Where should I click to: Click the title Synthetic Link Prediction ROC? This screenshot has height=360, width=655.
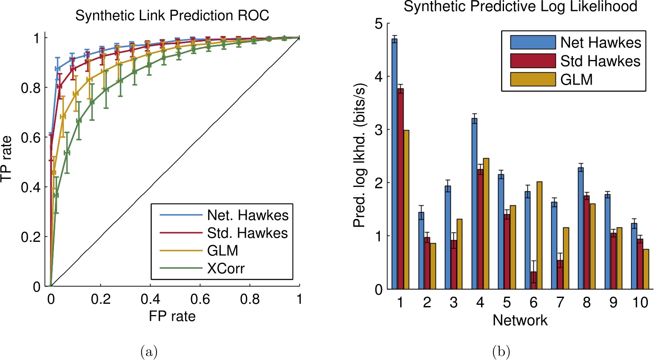click(x=172, y=16)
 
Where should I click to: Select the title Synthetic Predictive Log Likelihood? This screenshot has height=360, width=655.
click(x=520, y=7)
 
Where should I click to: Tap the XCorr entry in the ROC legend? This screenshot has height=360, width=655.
click(x=225, y=269)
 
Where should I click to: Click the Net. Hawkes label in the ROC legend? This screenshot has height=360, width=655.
click(x=248, y=215)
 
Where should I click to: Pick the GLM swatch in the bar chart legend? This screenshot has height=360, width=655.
click(x=533, y=79)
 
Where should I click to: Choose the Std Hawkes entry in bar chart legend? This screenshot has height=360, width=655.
click(x=600, y=61)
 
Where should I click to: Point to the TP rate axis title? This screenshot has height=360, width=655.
click(x=6, y=159)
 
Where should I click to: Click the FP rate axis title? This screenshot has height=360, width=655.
click(x=172, y=316)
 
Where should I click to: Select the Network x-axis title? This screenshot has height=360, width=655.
click(x=520, y=320)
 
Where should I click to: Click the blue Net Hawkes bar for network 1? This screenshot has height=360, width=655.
click(x=394, y=164)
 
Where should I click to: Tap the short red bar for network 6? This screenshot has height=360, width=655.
click(x=533, y=281)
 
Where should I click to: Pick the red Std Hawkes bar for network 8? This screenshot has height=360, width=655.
click(x=587, y=242)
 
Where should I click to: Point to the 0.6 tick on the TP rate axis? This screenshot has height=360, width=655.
click(x=31, y=137)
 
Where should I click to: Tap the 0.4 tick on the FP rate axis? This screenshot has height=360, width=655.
click(x=151, y=299)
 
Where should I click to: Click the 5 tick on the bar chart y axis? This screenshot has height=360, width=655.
click(x=379, y=24)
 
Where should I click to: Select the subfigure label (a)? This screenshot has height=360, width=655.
click(x=149, y=352)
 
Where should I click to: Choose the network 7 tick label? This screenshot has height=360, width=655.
click(x=560, y=302)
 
